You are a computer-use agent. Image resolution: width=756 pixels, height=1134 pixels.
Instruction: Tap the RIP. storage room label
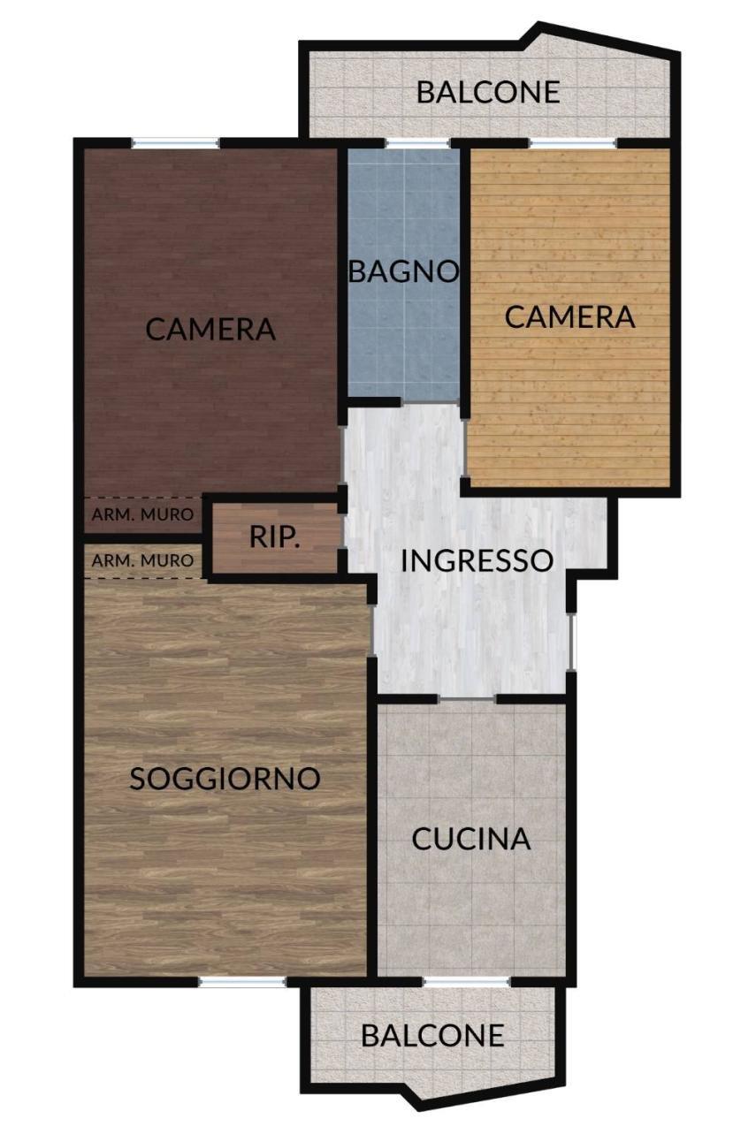(x=274, y=537)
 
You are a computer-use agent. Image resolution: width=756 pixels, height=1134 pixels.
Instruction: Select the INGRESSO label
(x=477, y=561)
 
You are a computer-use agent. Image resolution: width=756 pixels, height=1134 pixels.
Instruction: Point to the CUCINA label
(x=471, y=839)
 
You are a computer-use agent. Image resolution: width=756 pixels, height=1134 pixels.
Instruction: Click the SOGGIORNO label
(x=225, y=779)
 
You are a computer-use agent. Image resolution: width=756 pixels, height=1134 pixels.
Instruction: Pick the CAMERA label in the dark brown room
(x=210, y=329)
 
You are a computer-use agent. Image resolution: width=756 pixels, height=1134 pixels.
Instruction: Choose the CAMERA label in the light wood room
(x=569, y=317)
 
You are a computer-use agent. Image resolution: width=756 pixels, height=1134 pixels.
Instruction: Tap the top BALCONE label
(x=488, y=92)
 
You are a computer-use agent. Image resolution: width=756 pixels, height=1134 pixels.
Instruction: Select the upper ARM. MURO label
(x=142, y=515)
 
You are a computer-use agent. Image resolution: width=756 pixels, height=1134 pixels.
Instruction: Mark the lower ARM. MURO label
(x=142, y=560)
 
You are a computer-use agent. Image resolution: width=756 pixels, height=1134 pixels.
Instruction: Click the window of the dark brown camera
(x=175, y=143)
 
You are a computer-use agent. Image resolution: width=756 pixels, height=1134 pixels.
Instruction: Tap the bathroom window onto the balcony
(x=417, y=143)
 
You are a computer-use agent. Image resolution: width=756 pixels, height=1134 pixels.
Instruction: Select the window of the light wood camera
(x=573, y=143)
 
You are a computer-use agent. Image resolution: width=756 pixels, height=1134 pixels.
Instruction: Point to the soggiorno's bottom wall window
(x=242, y=982)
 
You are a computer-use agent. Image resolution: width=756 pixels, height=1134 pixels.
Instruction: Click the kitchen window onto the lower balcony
(x=466, y=982)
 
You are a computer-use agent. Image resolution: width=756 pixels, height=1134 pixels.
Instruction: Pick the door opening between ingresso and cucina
(x=467, y=699)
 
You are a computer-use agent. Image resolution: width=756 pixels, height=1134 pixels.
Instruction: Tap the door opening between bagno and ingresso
(x=431, y=402)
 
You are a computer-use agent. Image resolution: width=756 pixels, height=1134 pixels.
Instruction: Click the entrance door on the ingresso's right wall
(x=571, y=642)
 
